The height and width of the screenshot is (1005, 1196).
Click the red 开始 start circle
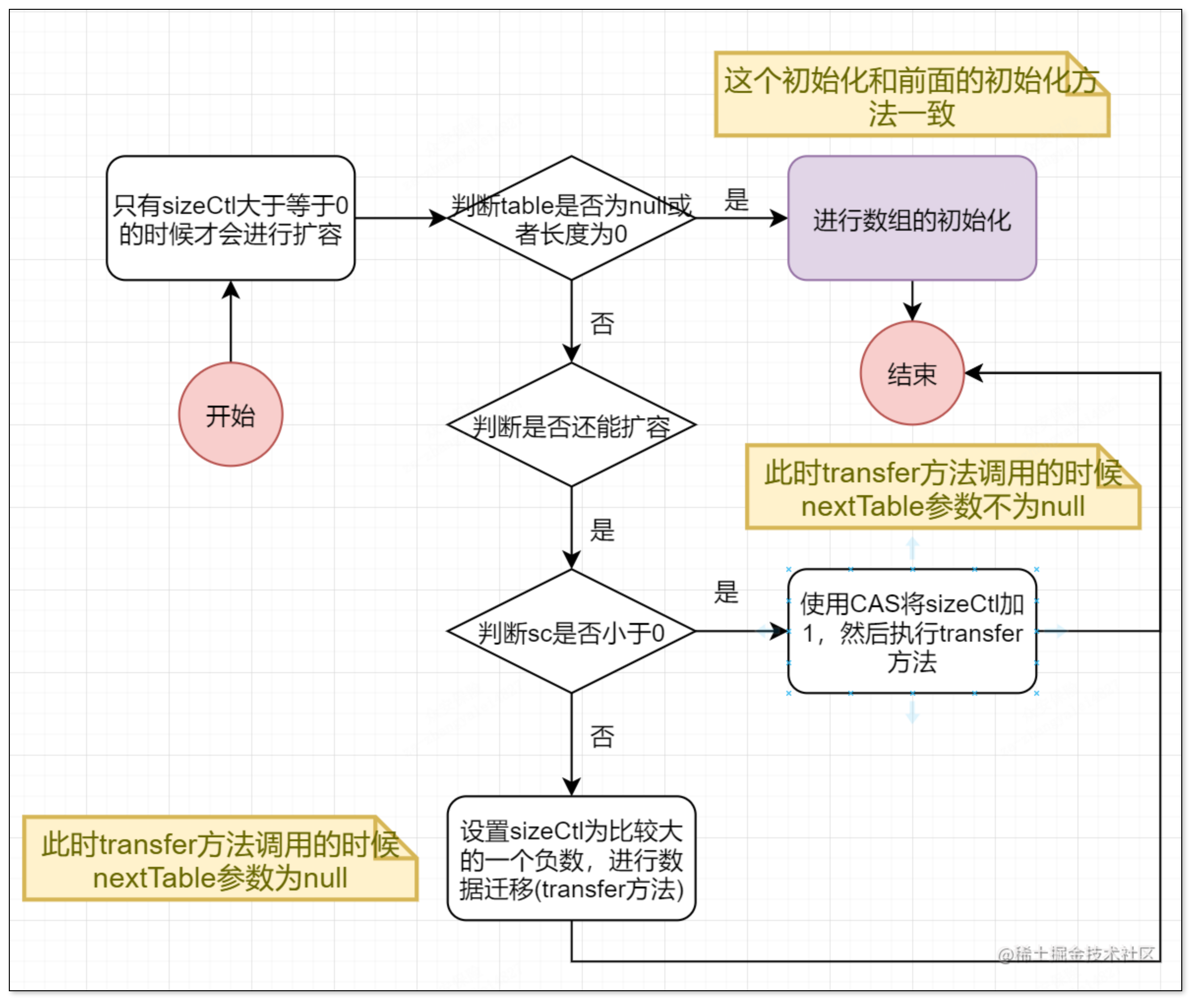pyautogui.click(x=230, y=414)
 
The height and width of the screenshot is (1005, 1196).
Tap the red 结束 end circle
pyautogui.click(x=912, y=373)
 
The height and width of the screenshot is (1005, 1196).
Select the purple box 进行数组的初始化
pyautogui.click(x=912, y=218)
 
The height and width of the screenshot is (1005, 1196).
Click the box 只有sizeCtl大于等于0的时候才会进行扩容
pyautogui.click(x=230, y=218)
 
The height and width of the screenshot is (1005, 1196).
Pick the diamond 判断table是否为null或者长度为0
pyautogui.click(x=571, y=218)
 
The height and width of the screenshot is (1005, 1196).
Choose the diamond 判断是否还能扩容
pyautogui.click(x=571, y=424)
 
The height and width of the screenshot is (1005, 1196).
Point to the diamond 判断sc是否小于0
pyautogui.click(x=571, y=631)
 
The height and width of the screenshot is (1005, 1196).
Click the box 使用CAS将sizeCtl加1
pyautogui.click(x=912, y=631)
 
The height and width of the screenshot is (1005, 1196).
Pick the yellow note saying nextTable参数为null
pyautogui.click(x=220, y=859)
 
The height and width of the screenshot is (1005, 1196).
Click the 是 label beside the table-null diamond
pyautogui.click(x=736, y=200)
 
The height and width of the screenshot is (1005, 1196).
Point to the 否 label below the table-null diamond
pyautogui.click(x=602, y=323)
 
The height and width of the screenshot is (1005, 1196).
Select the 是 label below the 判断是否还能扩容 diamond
pyautogui.click(x=602, y=530)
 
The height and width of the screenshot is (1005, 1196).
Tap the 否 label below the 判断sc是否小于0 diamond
pyautogui.click(x=602, y=736)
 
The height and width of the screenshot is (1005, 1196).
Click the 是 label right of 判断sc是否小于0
pyautogui.click(x=726, y=592)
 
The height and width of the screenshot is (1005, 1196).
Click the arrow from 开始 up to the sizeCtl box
pyautogui.click(x=230, y=322)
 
